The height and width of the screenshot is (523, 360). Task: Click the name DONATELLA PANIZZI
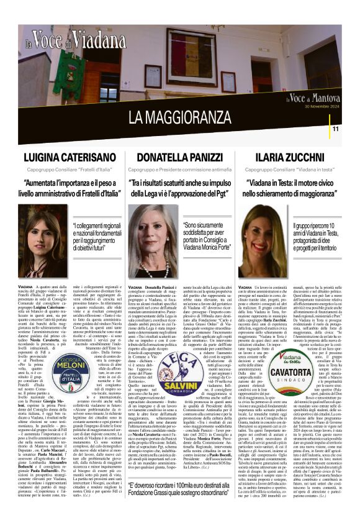(180, 158)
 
